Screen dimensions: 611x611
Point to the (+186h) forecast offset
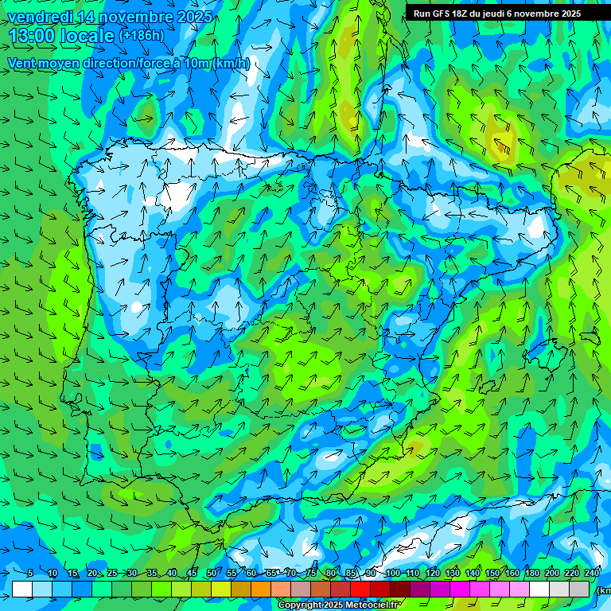141,35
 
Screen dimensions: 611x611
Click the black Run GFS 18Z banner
508,14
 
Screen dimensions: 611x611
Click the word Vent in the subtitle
21,63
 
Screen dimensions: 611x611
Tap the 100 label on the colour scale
392,574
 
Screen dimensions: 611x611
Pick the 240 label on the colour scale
592,574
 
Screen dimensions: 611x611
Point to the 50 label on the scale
211,574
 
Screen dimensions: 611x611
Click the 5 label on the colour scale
30,574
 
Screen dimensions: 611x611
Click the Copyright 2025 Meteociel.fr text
338,605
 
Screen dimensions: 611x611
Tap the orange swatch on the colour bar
261,589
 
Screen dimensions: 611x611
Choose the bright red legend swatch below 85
360,589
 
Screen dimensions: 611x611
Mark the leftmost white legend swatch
22,589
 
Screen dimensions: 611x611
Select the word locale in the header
88,35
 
